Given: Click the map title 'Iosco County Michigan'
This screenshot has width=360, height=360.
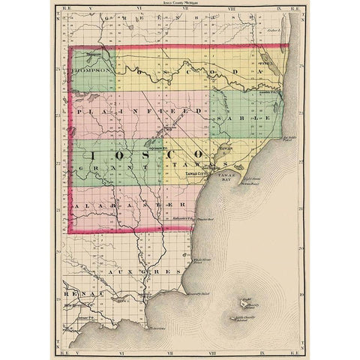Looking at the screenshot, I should click(180, 3).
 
